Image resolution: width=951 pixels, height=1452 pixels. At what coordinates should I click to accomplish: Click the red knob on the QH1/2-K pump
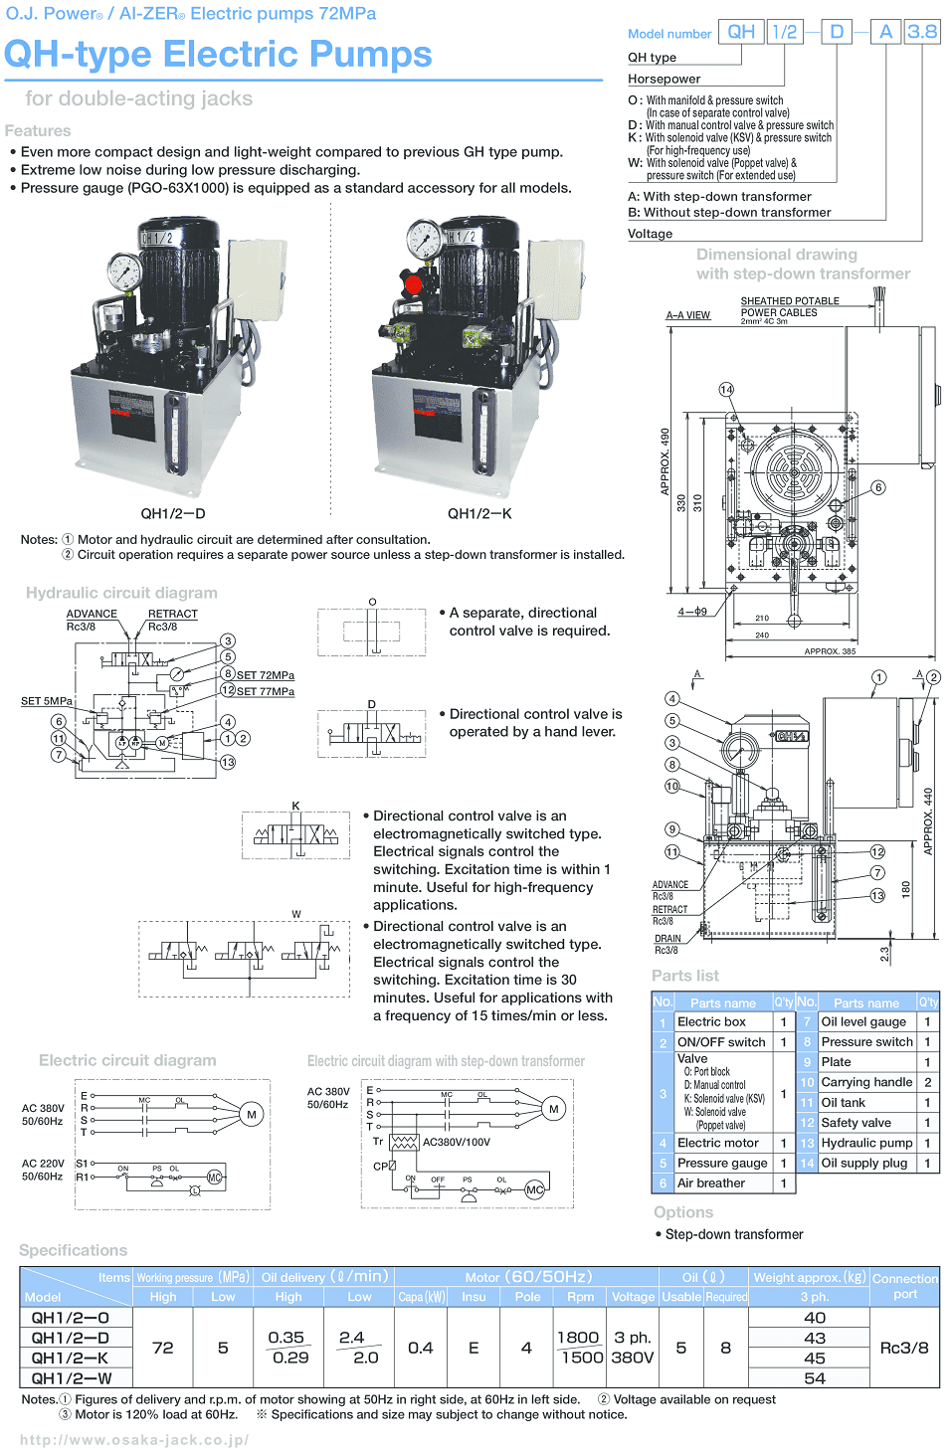414,285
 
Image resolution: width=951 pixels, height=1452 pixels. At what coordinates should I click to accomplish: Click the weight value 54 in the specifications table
814,1378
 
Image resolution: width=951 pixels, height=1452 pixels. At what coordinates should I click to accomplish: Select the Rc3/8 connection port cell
904,1348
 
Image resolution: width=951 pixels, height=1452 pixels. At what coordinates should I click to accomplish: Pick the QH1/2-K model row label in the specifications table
70,1358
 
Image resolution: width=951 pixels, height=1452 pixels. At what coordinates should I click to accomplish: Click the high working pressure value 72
163,1348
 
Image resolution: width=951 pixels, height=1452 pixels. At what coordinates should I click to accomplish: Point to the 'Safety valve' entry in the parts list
856,1123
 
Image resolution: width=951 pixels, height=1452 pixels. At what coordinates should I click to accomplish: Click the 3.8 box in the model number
922,32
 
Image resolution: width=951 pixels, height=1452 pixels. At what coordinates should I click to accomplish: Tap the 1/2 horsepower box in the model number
785,32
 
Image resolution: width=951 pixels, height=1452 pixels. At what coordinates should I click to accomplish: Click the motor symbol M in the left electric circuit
252,1115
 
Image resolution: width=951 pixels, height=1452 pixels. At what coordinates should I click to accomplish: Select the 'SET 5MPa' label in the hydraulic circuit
47,701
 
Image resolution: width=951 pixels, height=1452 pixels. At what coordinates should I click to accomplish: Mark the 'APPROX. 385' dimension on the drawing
830,651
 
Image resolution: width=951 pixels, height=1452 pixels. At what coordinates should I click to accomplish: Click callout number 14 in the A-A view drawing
726,390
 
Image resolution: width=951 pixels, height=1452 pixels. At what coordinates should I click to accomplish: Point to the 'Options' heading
683,1212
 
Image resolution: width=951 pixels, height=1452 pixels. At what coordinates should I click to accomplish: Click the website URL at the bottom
134,1439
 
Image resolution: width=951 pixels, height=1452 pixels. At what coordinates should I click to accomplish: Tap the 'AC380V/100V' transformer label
457,1142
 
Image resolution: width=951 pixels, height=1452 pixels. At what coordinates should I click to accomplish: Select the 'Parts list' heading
685,976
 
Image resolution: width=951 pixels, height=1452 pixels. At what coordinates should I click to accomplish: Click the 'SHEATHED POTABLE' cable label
790,300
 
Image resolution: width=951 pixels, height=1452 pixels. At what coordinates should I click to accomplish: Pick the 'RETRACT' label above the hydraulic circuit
173,614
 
